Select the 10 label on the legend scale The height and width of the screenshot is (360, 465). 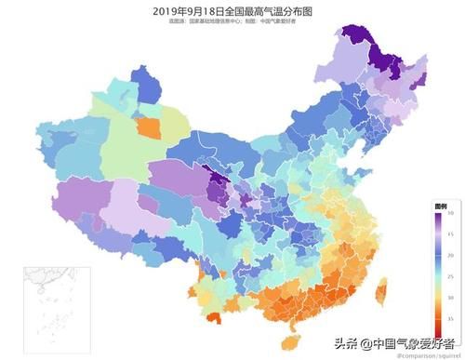tap(450, 213)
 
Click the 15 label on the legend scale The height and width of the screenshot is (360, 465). tap(450, 233)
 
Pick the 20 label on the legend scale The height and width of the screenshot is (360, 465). tap(450, 254)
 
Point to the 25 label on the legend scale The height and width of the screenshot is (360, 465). tap(450, 275)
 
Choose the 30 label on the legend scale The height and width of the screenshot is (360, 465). tap(450, 297)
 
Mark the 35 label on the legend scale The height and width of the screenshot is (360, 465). tap(450, 318)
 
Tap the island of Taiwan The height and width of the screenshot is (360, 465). tap(379, 296)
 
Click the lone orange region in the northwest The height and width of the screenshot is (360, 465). tap(147, 127)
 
